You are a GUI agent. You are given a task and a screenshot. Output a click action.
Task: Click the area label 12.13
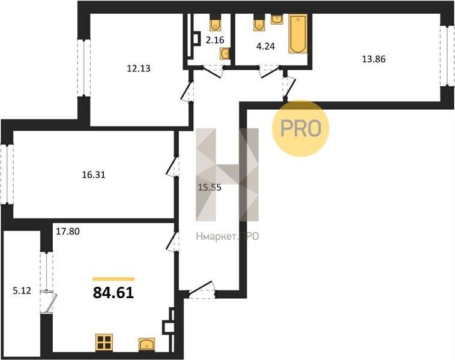139,68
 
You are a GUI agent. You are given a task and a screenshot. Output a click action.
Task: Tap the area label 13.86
374,59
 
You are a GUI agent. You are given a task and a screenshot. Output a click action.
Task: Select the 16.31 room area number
94,175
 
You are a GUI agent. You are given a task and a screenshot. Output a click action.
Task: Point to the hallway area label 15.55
209,187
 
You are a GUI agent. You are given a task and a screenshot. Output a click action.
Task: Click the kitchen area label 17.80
68,232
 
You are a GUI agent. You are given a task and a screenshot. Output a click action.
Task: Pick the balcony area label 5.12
22,290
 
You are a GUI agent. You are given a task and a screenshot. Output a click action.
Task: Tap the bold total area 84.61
113,293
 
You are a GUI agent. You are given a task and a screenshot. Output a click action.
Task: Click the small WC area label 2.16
215,40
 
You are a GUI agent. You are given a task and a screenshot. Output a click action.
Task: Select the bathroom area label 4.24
265,46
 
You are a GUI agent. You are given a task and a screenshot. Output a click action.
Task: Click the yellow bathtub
298,34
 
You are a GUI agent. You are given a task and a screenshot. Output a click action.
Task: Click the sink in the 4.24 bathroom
277,19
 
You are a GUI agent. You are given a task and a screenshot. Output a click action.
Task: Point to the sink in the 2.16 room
224,53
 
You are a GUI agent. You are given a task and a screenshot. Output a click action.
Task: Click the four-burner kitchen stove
104,342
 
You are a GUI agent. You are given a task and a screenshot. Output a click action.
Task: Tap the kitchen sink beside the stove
147,344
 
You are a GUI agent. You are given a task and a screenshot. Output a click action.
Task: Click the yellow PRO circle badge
301,128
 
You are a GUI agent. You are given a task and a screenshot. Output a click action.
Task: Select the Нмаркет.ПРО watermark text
227,237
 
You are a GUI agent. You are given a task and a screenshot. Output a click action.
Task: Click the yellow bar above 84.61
114,279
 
